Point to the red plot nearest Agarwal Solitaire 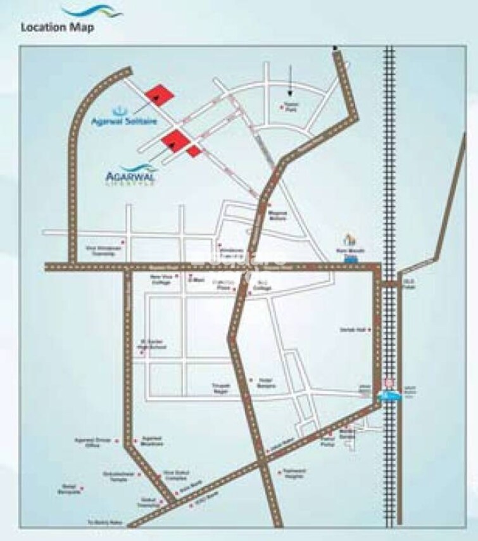[x=159, y=96]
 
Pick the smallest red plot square [x=194, y=150]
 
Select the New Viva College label [x=160, y=280]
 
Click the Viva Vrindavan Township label [x=103, y=251]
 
